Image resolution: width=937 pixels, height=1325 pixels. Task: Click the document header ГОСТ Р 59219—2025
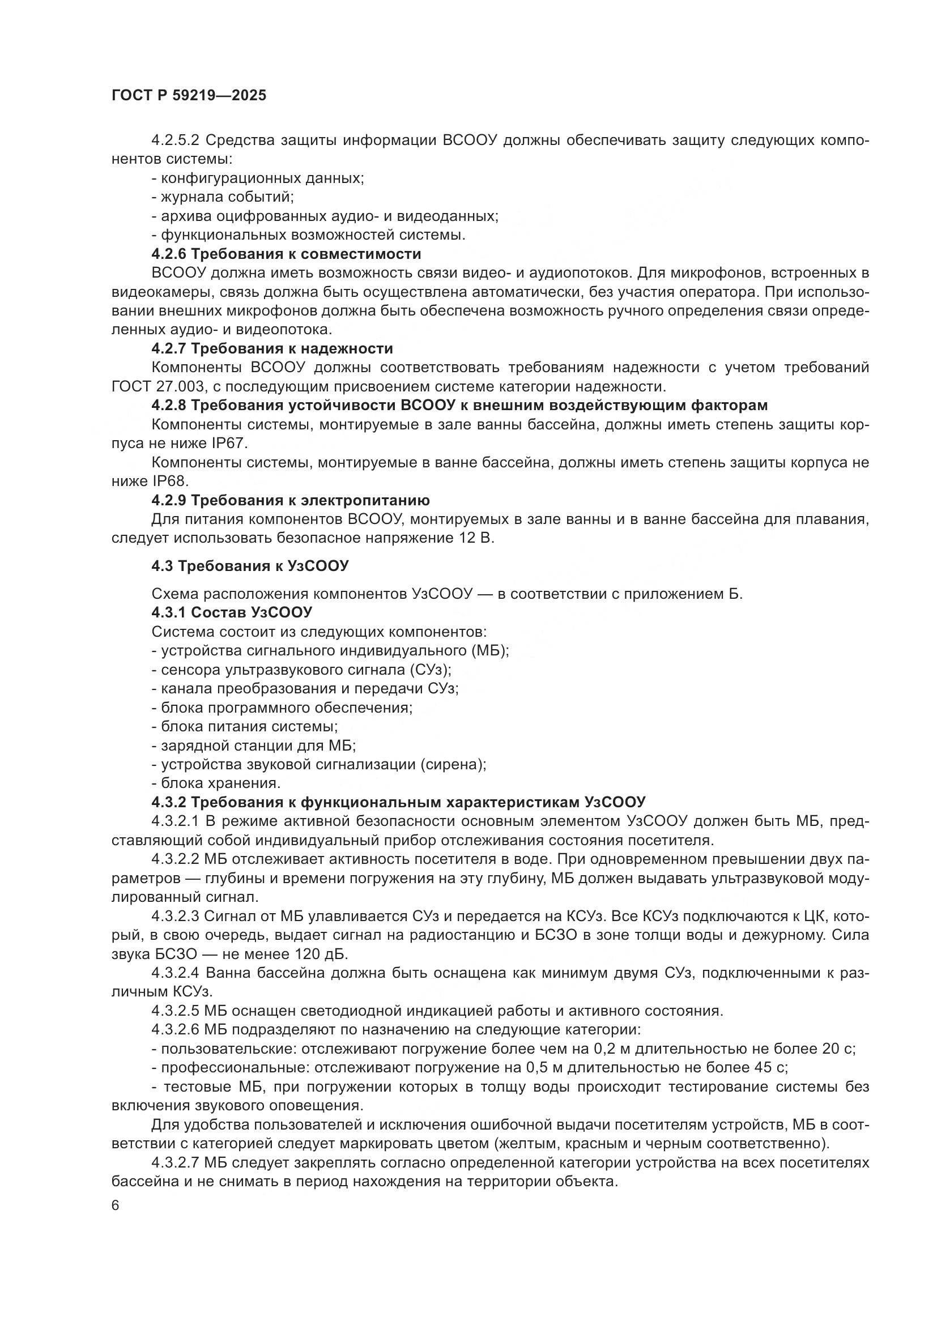tap(189, 96)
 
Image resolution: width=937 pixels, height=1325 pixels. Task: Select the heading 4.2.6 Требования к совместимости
tap(286, 254)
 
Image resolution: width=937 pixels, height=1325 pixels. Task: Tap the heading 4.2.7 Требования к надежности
tap(272, 348)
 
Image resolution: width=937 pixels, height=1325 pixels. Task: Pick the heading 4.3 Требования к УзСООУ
tap(250, 566)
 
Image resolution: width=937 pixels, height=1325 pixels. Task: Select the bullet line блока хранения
tap(216, 783)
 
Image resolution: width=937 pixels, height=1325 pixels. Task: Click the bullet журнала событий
tap(223, 197)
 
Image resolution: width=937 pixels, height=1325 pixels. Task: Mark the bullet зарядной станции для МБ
tap(254, 745)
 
